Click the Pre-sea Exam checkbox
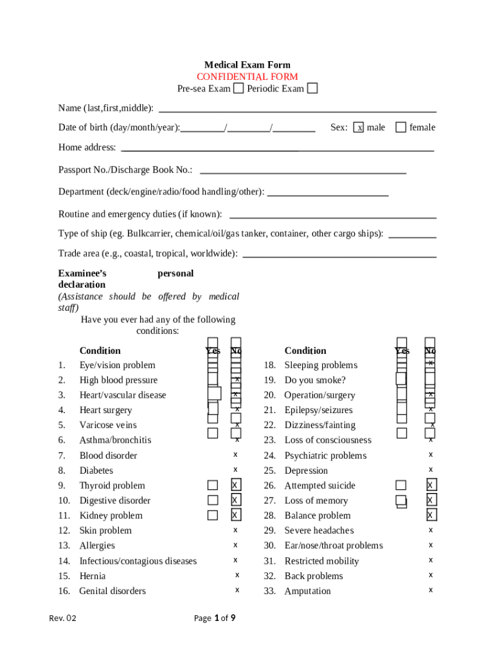click(238, 88)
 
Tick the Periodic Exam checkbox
click(312, 88)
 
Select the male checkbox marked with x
click(360, 127)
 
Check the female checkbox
click(401, 127)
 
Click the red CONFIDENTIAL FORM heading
click(247, 77)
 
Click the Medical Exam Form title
click(247, 65)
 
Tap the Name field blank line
click(297, 111)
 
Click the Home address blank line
click(277, 150)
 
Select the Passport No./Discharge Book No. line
click(303, 172)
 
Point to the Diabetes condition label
click(96, 470)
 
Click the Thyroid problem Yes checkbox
click(212, 485)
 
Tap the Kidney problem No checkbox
click(236, 515)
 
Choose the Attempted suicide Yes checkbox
click(401, 485)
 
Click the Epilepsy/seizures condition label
click(318, 410)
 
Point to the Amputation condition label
click(307, 591)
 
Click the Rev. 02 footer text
click(62, 618)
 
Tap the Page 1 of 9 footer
click(215, 618)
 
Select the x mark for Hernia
click(237, 575)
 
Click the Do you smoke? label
click(315, 380)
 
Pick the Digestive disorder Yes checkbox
click(212, 500)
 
